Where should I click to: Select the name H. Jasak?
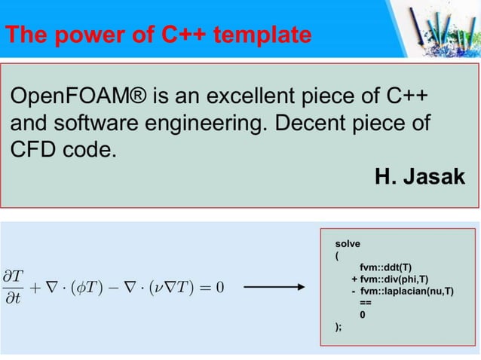[x=420, y=177]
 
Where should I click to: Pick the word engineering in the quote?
[x=200, y=123]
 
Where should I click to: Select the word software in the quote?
[x=103, y=123]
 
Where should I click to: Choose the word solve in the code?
[x=348, y=244]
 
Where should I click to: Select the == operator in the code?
[x=365, y=302]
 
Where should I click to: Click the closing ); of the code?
[x=339, y=326]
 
